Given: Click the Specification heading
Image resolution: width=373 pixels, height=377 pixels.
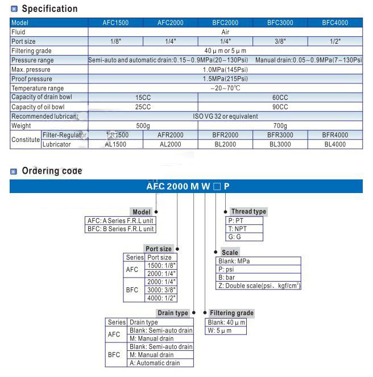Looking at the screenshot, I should [x=49, y=9].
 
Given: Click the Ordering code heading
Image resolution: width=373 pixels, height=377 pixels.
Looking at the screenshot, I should [x=52, y=171].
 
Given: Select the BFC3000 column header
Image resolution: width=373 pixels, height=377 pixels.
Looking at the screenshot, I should [x=280, y=23].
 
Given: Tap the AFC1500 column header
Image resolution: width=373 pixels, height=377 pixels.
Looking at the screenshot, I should [x=115, y=23].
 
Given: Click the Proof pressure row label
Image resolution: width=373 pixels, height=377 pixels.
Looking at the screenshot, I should [x=32, y=79].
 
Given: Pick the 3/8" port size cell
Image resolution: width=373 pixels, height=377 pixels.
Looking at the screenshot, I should [x=280, y=41].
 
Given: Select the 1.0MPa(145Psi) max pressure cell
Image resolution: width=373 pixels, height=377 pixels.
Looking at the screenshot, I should [x=225, y=69].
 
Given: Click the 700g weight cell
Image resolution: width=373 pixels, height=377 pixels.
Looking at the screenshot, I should [x=280, y=125].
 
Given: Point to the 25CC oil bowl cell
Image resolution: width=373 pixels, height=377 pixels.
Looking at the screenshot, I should [x=143, y=107].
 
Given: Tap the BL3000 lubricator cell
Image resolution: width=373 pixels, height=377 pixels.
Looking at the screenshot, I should [x=280, y=144].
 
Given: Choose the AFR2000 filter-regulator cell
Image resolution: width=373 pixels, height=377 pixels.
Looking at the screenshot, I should [x=170, y=135].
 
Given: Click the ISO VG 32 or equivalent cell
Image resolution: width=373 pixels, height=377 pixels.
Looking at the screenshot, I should [x=225, y=116].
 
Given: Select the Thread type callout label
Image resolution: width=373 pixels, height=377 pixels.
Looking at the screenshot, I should [x=248, y=212].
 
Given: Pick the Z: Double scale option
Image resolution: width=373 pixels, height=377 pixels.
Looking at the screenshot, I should [x=259, y=286].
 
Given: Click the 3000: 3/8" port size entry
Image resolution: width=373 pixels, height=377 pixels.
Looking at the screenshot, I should [x=161, y=290].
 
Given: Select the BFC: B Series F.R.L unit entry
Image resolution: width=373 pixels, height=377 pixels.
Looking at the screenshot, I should [x=120, y=229].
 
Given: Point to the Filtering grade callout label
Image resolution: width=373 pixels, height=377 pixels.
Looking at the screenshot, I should [x=231, y=313].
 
